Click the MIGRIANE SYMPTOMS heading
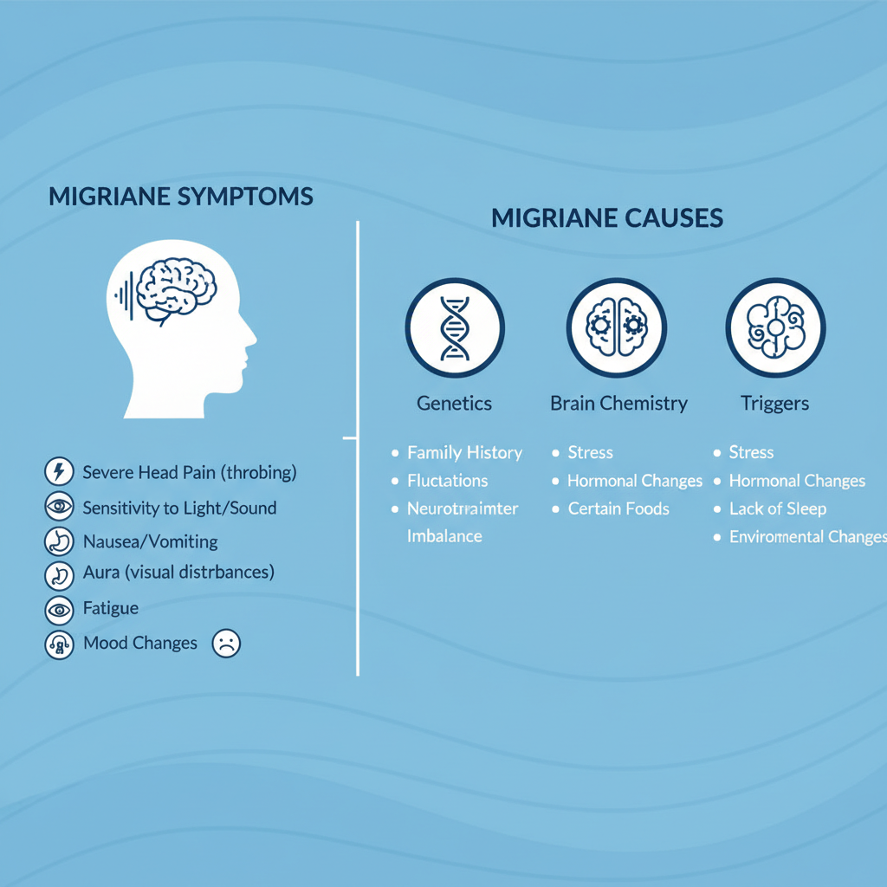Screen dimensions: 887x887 point(181,197)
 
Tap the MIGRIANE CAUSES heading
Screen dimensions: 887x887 point(607,218)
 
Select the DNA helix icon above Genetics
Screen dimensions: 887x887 point(455,328)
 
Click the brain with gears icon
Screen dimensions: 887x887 point(617,328)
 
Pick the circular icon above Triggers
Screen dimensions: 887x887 point(775,328)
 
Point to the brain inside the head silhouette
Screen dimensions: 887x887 point(176,289)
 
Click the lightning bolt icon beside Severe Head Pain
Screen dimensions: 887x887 point(60,472)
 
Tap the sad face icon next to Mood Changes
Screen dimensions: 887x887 point(226,644)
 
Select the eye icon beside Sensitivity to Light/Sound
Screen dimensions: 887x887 point(60,507)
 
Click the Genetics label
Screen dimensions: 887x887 point(454,404)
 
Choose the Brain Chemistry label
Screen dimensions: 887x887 point(618,404)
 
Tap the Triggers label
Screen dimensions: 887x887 point(775,404)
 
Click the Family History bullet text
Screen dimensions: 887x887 point(465,453)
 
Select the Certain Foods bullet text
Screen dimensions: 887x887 point(618,508)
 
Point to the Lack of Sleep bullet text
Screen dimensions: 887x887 point(778,509)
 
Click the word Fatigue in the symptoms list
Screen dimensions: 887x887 point(111,608)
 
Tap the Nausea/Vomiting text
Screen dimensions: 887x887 point(151,542)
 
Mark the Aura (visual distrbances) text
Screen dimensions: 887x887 point(178,573)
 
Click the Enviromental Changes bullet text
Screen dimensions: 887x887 point(808,537)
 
